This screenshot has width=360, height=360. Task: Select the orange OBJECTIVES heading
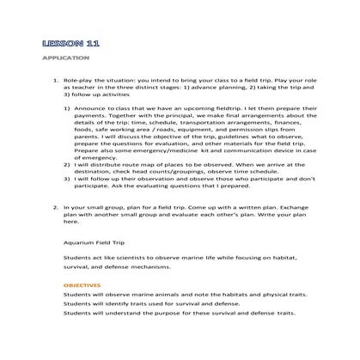(82, 284)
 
